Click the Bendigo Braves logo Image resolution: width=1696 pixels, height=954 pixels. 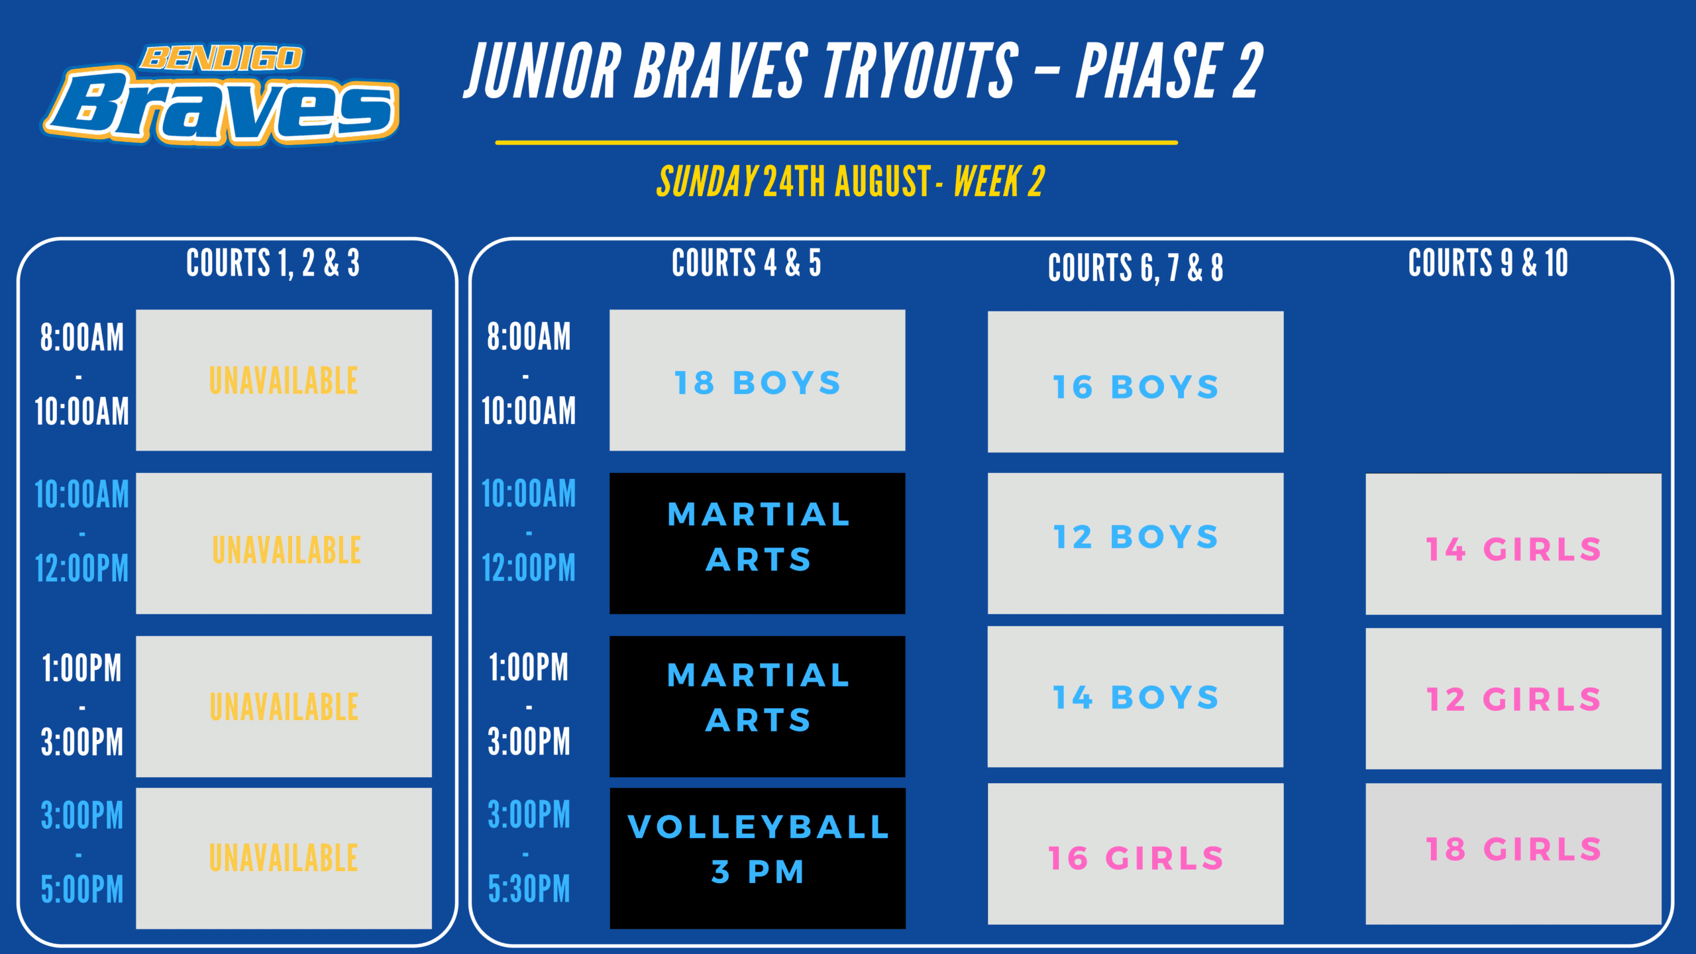[x=221, y=95]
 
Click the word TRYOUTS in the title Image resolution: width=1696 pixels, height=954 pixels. [x=921, y=70]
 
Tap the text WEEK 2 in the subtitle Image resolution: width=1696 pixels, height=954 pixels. [x=999, y=182]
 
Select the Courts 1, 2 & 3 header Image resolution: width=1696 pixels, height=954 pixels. [x=273, y=262]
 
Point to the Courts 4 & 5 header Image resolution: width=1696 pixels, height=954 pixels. [x=747, y=262]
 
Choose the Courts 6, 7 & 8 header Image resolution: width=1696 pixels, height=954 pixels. [x=1136, y=268]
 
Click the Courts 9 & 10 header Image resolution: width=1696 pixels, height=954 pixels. [x=1488, y=262]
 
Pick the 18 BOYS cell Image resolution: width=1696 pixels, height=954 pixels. [x=757, y=380]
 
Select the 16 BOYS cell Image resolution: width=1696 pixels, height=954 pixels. [x=1136, y=382]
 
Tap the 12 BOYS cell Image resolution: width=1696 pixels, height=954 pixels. [x=1136, y=543]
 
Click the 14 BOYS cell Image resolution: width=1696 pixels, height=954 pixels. [x=1136, y=697]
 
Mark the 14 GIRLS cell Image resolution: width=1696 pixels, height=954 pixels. [x=1513, y=544]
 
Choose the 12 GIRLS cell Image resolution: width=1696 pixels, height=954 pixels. [x=1513, y=698]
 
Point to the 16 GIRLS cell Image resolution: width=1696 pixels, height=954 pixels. [x=1136, y=854]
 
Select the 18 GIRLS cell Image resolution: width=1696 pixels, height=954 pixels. [x=1513, y=854]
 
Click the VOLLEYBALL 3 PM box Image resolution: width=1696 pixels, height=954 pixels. [x=757, y=859]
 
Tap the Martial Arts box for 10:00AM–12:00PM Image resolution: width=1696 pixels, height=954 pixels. [x=757, y=543]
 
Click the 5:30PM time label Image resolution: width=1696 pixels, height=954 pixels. [x=529, y=889]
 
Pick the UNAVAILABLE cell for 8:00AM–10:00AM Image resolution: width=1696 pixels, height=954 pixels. [x=284, y=380]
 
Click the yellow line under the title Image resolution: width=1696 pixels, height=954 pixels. [x=837, y=142]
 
